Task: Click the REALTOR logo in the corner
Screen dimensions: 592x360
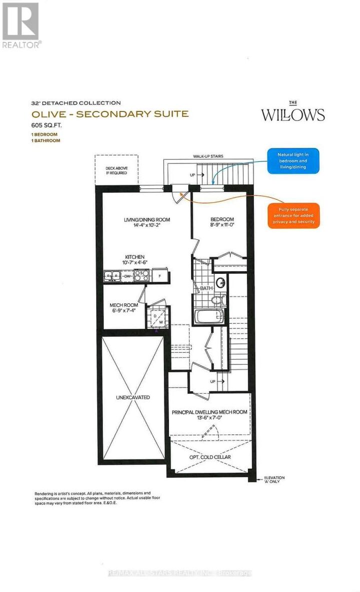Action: [x=20, y=24]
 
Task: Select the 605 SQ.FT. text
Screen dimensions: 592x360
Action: [x=47, y=126]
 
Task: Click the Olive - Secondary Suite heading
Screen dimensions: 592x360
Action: [x=109, y=114]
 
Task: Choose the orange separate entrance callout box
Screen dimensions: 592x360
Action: [x=293, y=215]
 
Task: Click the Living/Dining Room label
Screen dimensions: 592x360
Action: [x=147, y=219]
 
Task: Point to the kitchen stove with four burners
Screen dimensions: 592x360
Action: [x=140, y=275]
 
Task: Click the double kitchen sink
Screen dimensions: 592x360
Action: [x=112, y=275]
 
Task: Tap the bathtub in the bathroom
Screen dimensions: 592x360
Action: [x=207, y=316]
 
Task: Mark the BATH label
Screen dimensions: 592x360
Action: [x=206, y=289]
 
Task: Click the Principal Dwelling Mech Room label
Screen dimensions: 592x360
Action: [x=209, y=412]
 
